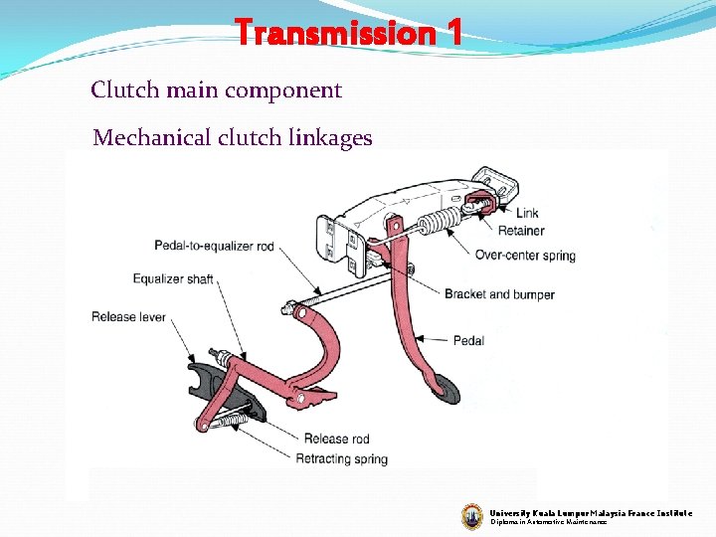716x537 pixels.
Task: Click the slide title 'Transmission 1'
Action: click(x=348, y=33)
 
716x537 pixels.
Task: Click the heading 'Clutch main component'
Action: click(x=216, y=90)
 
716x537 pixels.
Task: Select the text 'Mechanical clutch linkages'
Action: click(x=232, y=138)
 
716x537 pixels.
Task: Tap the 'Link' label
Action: click(x=527, y=213)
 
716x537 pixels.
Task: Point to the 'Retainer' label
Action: click(x=521, y=231)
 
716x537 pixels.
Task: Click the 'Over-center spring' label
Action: click(x=525, y=256)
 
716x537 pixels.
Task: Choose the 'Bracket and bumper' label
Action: click(x=499, y=294)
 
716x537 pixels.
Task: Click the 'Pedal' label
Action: click(x=468, y=341)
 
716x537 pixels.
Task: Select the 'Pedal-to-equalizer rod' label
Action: click(x=214, y=246)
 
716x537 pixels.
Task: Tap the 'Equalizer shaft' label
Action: click(x=172, y=279)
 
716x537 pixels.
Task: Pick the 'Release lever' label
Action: click(x=128, y=317)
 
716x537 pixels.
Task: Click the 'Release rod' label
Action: click(x=336, y=439)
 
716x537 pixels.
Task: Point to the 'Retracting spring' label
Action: click(x=341, y=458)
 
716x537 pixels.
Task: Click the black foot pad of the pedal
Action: click(x=446, y=389)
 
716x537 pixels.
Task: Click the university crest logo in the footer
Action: click(x=472, y=515)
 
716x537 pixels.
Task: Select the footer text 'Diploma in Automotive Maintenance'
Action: click(x=548, y=521)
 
